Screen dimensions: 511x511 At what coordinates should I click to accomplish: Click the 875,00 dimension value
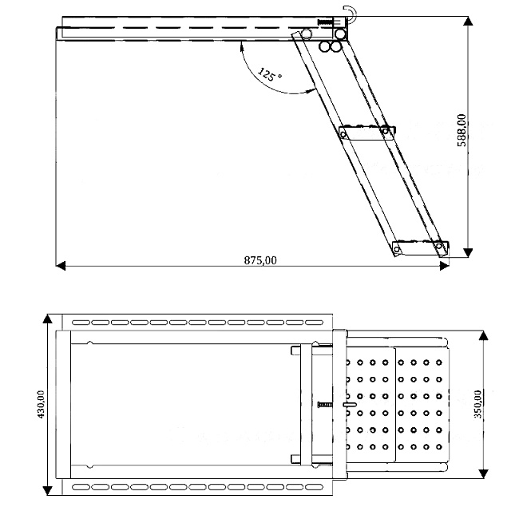coord(260,260)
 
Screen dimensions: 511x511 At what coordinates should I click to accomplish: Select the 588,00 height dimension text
coord(461,130)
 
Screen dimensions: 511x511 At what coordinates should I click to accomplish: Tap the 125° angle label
coord(269,74)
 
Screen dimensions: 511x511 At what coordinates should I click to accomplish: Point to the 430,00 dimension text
coord(41,404)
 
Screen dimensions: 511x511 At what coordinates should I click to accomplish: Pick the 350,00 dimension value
coord(477,404)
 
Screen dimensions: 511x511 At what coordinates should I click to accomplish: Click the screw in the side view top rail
coord(326,22)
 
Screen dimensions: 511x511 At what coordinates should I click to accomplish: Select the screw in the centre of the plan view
coord(325,405)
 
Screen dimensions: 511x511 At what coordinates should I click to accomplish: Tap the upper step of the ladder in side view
coord(367,133)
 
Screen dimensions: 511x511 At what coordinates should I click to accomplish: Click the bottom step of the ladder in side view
coord(421,248)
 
